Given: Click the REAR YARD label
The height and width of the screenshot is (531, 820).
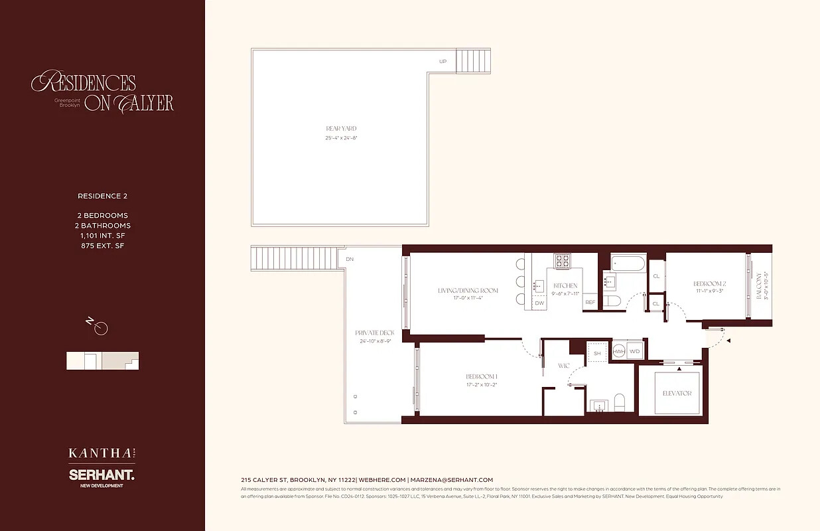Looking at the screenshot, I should click(341, 128).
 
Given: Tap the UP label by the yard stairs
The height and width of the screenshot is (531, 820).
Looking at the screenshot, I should click(443, 62).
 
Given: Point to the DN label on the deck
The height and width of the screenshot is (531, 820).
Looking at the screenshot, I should click(350, 260).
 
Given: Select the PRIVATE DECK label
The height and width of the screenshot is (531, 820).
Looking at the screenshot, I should click(374, 333).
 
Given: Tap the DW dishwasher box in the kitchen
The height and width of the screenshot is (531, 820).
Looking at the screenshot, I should click(539, 303).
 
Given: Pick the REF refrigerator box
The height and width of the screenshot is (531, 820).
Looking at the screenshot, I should click(590, 303).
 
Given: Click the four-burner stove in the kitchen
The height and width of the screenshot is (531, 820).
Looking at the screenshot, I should click(563, 261).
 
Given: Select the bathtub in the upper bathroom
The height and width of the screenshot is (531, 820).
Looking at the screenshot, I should click(624, 263).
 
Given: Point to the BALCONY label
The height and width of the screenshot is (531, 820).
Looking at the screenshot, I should click(759, 286).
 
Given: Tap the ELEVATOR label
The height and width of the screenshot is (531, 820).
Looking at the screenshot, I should click(677, 393).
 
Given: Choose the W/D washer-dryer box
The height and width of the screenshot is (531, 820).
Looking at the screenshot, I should click(635, 352).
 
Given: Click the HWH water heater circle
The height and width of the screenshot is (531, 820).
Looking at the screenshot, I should click(618, 352).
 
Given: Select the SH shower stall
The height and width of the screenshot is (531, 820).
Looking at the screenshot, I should click(597, 353).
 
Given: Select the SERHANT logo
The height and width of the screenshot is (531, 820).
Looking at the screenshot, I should click(102, 475).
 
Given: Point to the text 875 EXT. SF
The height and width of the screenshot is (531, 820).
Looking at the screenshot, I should click(102, 246).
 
